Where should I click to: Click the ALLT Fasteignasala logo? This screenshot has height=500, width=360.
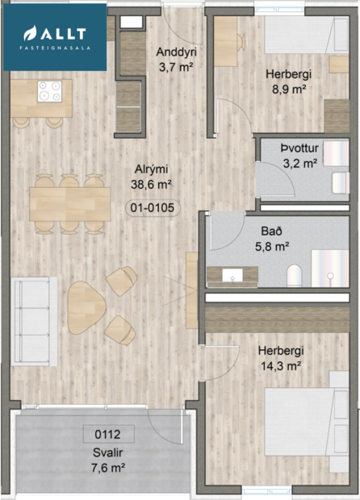[54, 36]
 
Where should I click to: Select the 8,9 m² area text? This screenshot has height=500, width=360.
[288, 90]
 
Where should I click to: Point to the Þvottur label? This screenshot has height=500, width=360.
[299, 148]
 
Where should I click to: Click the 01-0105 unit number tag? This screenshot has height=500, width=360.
[153, 208]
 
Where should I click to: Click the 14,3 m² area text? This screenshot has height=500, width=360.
[280, 365]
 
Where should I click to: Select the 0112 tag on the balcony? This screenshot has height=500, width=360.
[108, 433]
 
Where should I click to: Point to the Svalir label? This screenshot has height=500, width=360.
[107, 452]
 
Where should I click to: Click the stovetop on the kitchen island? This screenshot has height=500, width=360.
[49, 92]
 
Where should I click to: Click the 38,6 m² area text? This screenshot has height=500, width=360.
[152, 184]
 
